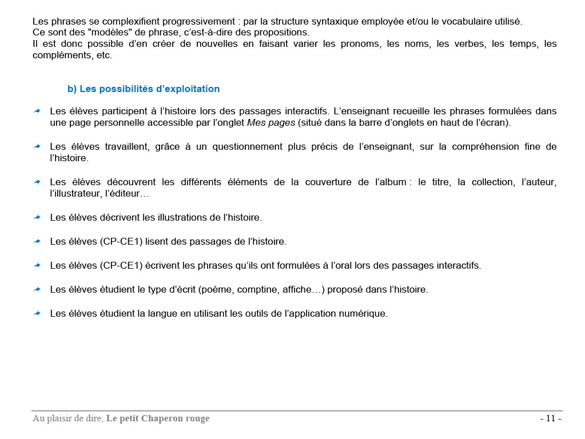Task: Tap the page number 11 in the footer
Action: click(551, 418)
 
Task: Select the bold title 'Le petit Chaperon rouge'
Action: click(158, 418)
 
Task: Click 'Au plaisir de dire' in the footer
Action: click(67, 418)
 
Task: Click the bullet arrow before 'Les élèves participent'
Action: click(37, 110)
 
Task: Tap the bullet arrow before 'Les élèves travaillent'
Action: click(37, 146)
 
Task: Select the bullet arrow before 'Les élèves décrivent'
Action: click(37, 217)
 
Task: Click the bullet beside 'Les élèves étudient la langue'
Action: click(37, 313)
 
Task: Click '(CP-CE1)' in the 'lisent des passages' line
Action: click(121, 241)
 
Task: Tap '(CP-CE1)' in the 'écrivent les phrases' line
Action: click(121, 265)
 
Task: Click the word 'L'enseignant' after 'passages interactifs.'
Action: click(360, 110)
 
